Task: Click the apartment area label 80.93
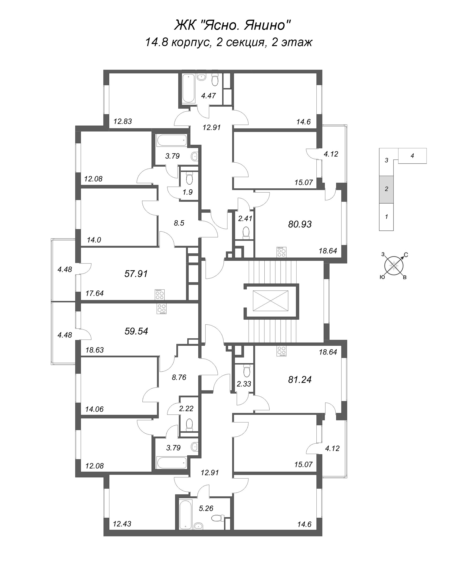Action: coord(300,224)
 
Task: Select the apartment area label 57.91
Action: coord(136,274)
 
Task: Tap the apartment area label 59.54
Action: coord(136,331)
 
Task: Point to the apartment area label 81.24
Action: coord(300,380)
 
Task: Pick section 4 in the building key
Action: coord(412,156)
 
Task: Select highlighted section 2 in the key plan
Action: coord(386,189)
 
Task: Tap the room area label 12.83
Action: coord(122,122)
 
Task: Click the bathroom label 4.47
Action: coord(208,96)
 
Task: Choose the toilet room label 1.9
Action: coord(187,192)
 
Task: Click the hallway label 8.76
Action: coord(179,377)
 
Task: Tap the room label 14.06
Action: coord(94,409)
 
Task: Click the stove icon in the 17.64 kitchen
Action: coord(160,294)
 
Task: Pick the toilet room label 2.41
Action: coord(245,218)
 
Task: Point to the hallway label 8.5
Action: coord(179,223)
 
